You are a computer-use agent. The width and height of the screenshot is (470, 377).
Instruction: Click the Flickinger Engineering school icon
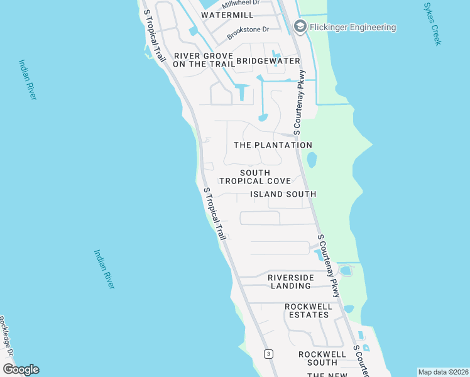click(300, 26)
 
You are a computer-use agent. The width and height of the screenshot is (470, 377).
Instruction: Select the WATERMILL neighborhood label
click(227, 14)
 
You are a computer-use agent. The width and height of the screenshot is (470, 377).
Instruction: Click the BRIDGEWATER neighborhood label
click(268, 61)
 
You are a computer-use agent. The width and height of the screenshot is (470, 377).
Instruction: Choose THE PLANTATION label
click(273, 145)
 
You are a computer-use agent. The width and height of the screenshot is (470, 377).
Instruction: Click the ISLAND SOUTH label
click(283, 194)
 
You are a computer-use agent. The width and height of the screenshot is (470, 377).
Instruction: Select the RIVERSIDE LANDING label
click(290, 281)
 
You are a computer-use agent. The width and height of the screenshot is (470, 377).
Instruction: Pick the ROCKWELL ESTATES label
click(308, 310)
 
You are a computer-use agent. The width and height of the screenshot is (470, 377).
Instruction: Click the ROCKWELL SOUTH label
click(322, 358)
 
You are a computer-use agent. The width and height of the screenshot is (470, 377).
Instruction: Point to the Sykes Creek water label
click(433, 23)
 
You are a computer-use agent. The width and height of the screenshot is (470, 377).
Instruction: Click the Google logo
click(20, 369)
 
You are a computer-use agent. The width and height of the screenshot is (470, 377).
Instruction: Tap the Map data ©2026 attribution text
click(442, 372)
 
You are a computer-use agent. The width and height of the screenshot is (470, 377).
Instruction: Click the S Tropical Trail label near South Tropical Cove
click(214, 213)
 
